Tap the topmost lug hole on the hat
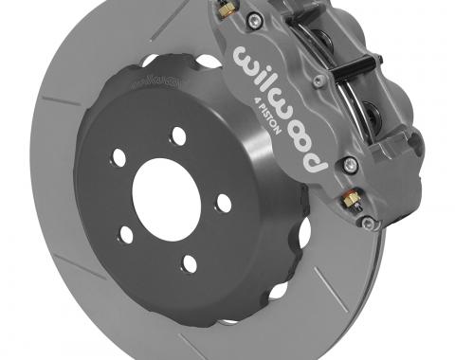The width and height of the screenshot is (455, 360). point(179,135)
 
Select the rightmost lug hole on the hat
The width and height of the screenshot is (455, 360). point(224,202)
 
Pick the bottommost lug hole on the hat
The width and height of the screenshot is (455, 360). point(191,263)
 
